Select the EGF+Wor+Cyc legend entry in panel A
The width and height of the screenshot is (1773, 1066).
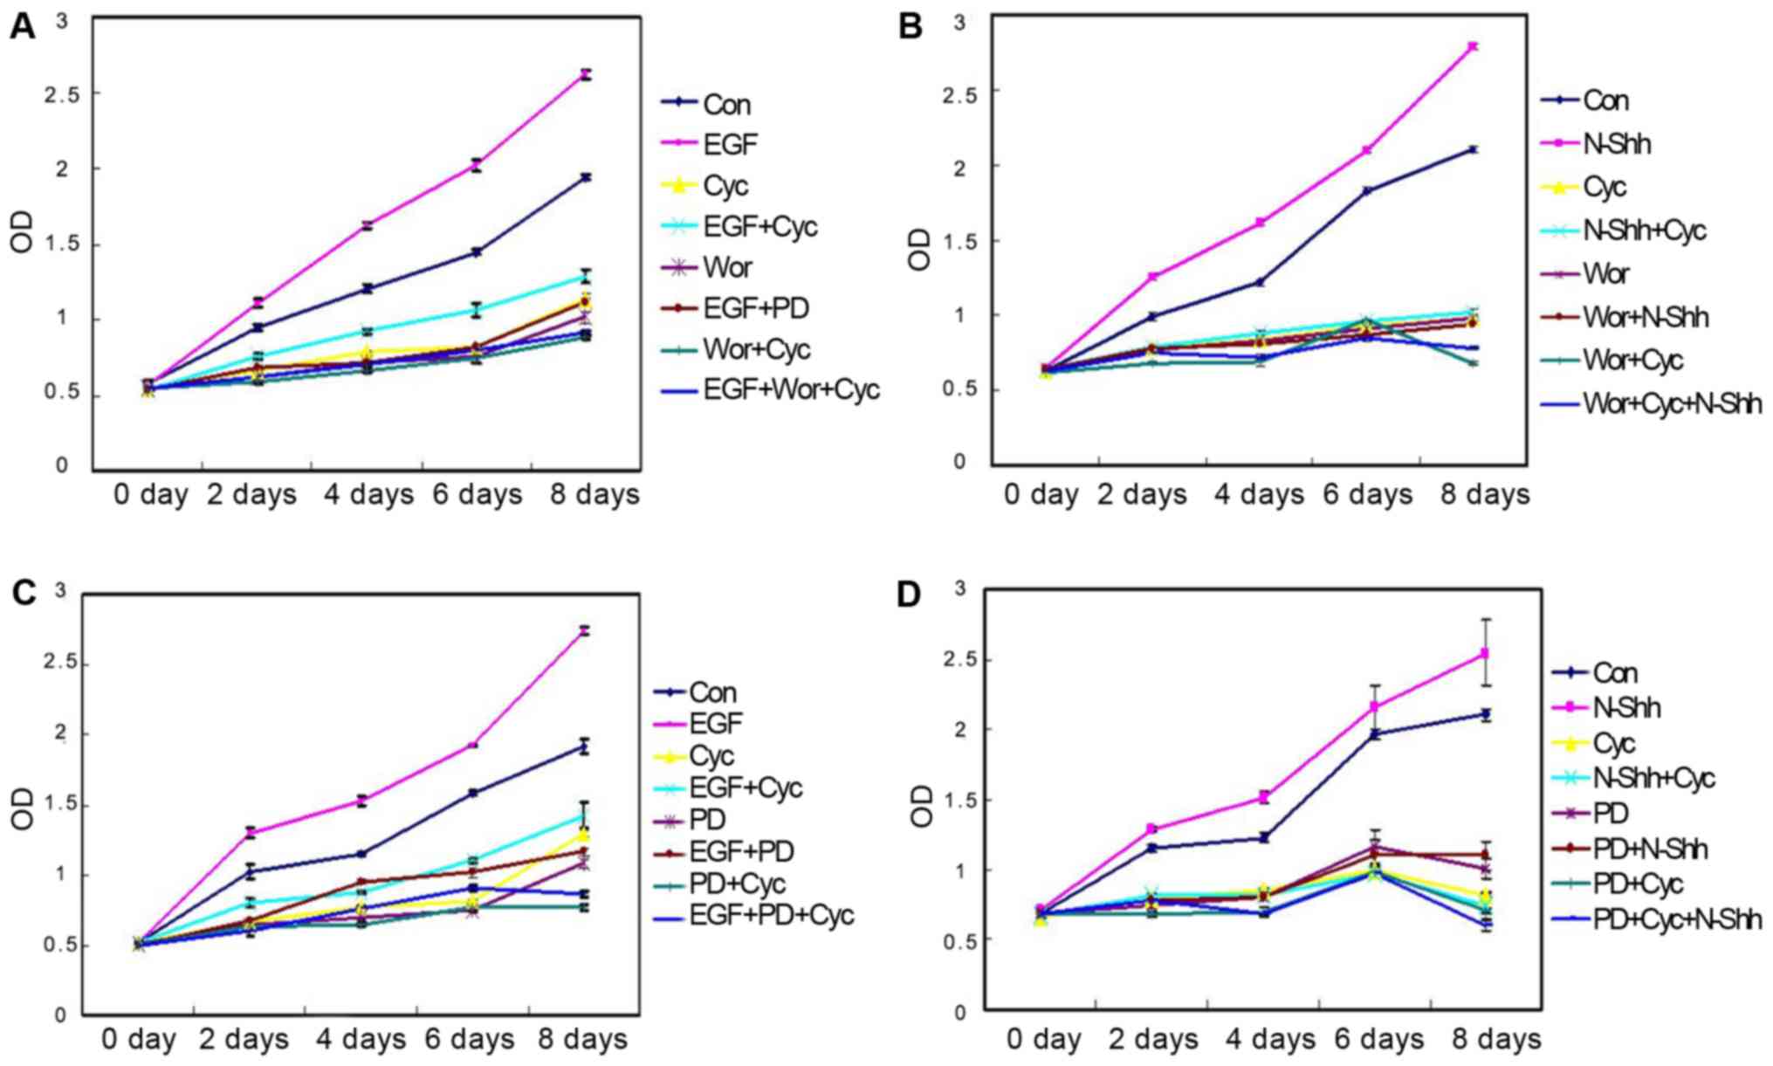coord(791,389)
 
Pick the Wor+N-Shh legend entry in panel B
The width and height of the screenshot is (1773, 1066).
coord(1646,318)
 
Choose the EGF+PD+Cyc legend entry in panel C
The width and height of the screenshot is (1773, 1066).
coord(771,915)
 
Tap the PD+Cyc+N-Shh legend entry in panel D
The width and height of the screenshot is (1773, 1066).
coord(1677,919)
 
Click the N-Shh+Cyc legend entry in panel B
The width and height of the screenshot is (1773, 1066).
coord(1644,230)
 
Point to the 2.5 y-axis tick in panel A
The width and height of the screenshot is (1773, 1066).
coord(62,93)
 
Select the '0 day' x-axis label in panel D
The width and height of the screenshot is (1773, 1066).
coord(1043,1039)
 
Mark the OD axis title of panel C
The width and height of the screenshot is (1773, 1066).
coord(24,809)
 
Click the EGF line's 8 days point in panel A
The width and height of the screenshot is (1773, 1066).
coord(586,75)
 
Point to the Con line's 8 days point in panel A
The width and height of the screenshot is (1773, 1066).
coord(586,177)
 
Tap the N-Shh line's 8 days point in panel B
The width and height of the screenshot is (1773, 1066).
coord(1473,46)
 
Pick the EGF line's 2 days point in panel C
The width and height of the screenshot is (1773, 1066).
coord(251,832)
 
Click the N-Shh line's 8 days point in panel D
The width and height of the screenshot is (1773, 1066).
coord(1485,653)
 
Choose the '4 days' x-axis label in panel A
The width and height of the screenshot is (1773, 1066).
coord(368,495)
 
